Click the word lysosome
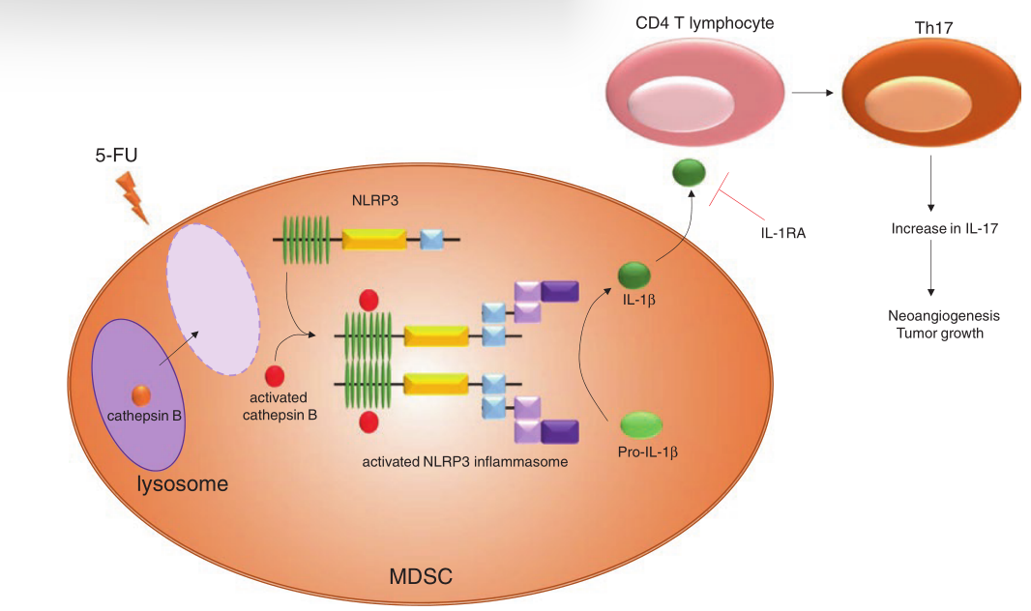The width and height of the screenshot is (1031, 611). point(183,482)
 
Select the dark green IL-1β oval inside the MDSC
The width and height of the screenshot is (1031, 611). point(634,275)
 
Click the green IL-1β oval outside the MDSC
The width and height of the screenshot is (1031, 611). point(689,174)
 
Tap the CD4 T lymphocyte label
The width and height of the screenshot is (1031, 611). point(690,22)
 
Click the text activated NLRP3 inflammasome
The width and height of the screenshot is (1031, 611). point(465,462)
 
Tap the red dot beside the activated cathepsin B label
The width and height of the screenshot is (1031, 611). point(275,374)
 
